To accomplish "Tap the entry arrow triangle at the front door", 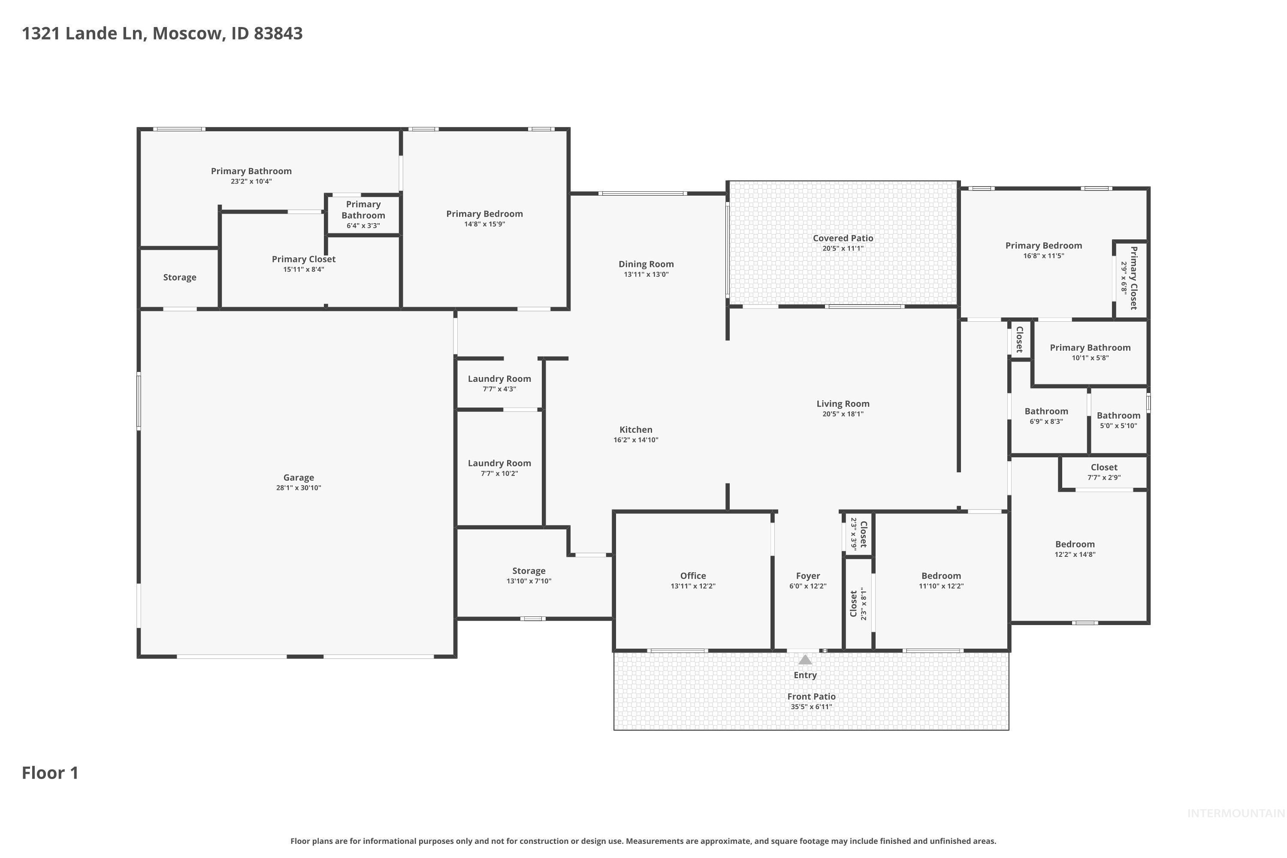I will click(805, 660).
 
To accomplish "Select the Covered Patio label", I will click(843, 238).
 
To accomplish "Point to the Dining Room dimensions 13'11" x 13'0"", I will click(646, 274).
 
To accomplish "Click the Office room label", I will click(693, 576).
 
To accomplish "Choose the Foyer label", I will click(808, 576).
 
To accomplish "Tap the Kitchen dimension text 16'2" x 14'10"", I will click(636, 440).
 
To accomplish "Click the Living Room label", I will click(843, 404).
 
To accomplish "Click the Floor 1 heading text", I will click(50, 773).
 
